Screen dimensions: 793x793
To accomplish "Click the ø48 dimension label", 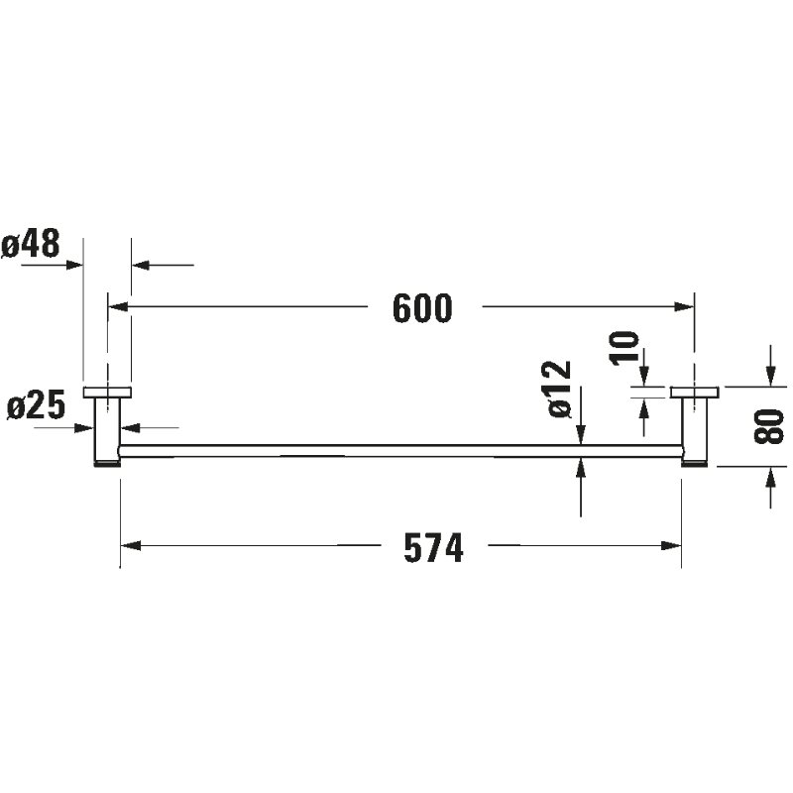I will (x=32, y=244).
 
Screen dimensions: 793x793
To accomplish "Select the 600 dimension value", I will (x=422, y=308).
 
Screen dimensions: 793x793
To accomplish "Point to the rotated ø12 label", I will (x=559, y=390).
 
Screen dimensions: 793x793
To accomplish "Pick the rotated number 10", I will (x=623, y=349).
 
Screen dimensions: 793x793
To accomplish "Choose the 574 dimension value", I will (x=433, y=548).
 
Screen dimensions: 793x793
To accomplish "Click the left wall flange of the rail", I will (x=107, y=391).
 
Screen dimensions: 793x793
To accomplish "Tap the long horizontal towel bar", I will (x=396, y=451).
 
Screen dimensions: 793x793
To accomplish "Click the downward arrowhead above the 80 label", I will (x=770, y=376).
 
